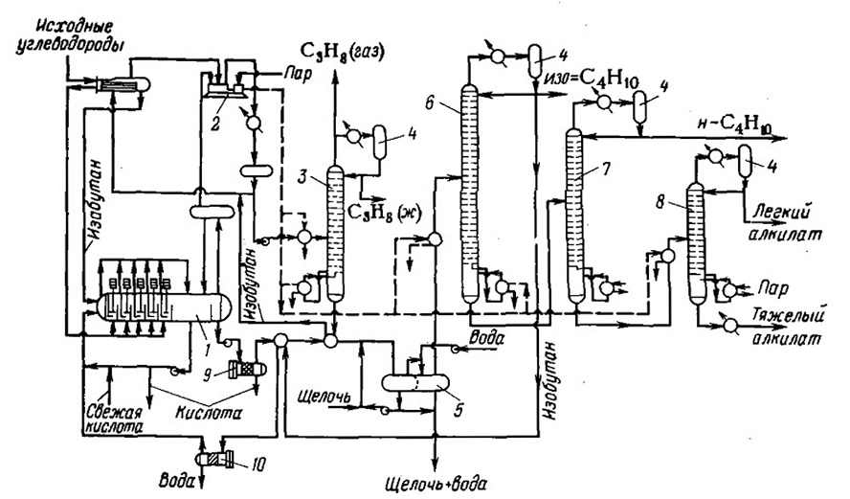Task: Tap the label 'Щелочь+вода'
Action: [x=436, y=482]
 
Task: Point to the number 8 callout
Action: [x=660, y=202]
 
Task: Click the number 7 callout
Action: [x=605, y=169]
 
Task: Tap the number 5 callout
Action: [x=459, y=410]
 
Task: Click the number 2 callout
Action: [x=215, y=125]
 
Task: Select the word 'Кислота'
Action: [x=209, y=412]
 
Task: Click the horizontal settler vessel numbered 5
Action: [x=415, y=383]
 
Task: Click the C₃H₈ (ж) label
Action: [x=381, y=212]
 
